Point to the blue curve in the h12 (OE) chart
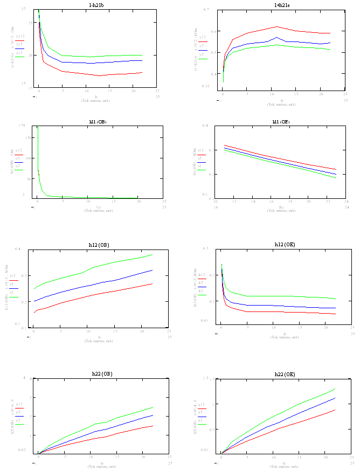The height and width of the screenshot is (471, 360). coord(269,306)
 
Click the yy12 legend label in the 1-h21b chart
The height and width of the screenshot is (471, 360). coord(20,36)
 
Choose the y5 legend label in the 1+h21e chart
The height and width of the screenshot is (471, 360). coord(202,45)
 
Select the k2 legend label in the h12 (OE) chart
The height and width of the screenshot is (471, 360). coord(201,290)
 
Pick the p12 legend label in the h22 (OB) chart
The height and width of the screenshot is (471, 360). coord(19,404)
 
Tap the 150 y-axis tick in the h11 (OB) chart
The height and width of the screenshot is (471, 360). coord(23,138)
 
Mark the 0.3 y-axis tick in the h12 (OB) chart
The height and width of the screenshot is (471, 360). coord(18,275)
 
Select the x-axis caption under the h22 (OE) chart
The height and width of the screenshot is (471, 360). coord(282,465)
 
